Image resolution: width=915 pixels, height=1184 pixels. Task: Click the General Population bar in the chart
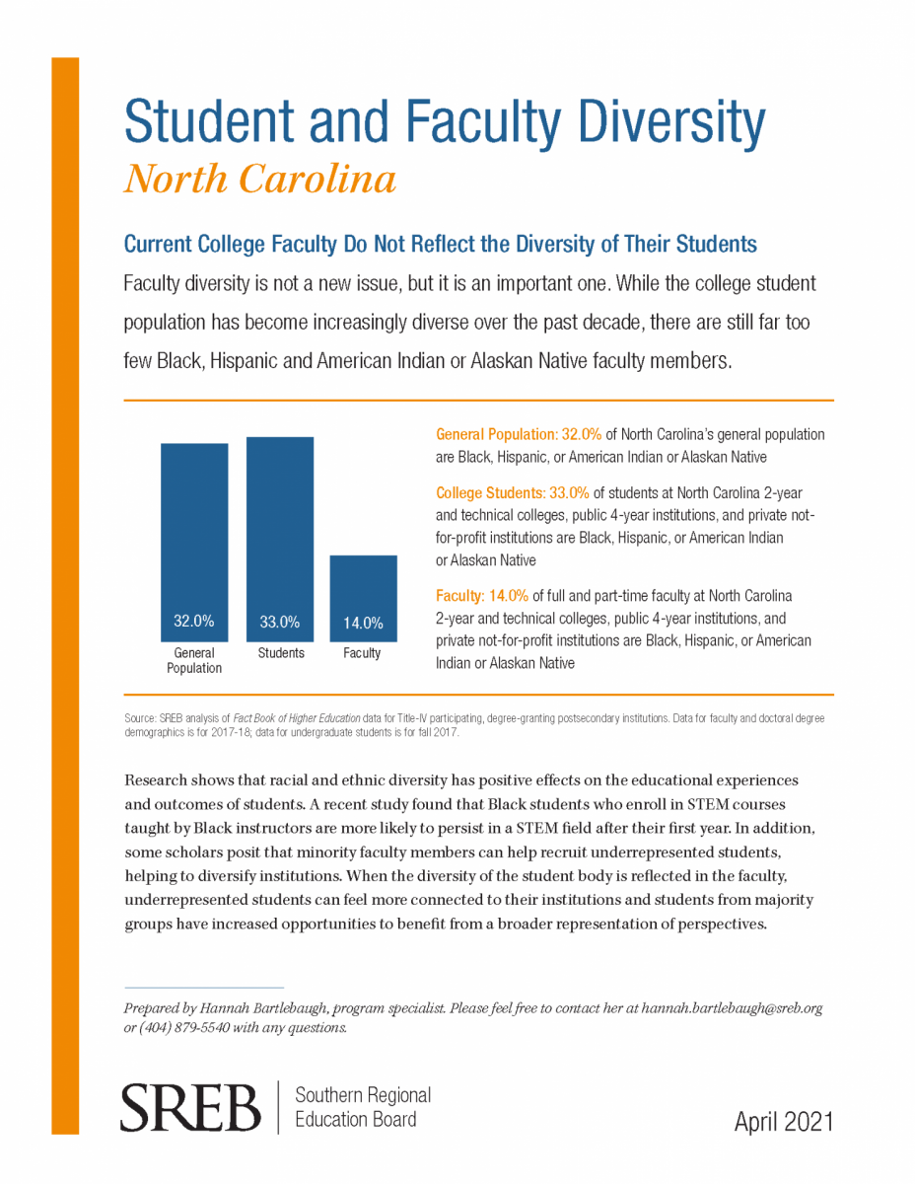[194, 542]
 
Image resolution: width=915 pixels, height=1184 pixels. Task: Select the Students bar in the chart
[280, 539]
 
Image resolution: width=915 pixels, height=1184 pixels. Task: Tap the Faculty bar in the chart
[363, 598]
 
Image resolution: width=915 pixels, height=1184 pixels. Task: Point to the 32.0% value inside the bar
[194, 621]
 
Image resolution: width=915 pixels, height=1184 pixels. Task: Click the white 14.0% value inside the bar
[363, 623]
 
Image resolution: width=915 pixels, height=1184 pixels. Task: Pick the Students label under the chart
[281, 653]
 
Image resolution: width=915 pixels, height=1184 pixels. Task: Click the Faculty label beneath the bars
[362, 653]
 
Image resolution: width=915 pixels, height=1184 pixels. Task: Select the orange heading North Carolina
[260, 179]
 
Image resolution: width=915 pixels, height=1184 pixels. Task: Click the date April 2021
[784, 1122]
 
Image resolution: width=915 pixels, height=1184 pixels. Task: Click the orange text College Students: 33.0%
[512, 492]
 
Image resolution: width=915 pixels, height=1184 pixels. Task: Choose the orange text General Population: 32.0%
[519, 434]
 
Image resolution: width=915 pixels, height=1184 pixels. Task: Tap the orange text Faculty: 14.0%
[482, 596]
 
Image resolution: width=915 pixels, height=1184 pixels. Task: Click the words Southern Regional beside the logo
[363, 1094]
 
